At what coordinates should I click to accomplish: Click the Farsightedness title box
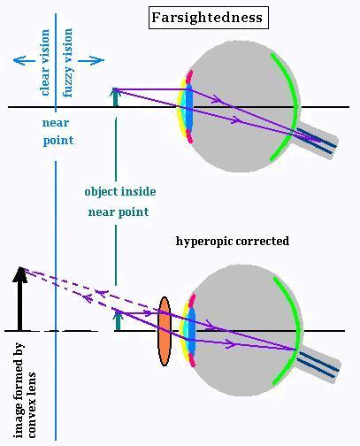[x=209, y=18]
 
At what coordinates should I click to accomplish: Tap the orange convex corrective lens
[x=165, y=331]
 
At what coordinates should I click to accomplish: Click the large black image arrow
[x=20, y=298]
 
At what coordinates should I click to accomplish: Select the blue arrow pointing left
[x=24, y=60]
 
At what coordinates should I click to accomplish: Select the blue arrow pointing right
[x=91, y=60]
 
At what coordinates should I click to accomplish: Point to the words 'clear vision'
[x=45, y=62]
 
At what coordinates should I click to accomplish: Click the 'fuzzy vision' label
[x=67, y=63]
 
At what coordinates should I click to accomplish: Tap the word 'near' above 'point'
[x=56, y=123]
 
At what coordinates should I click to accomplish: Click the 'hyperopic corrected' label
[x=233, y=242]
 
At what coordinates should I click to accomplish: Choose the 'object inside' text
[x=120, y=191]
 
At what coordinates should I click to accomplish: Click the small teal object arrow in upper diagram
[x=115, y=97]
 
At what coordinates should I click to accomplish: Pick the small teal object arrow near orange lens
[x=118, y=320]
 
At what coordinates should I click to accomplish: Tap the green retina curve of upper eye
[x=293, y=106]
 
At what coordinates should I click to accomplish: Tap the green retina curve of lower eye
[x=296, y=330]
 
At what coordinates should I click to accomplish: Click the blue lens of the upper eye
[x=189, y=107]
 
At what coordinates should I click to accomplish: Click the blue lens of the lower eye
[x=192, y=331]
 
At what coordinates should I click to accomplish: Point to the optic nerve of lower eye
[x=319, y=365]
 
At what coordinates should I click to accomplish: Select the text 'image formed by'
[x=19, y=390]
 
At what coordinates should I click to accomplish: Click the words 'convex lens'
[x=32, y=405]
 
